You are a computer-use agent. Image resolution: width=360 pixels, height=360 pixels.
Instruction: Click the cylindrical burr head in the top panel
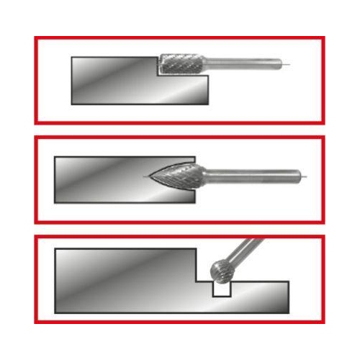pos(181,64)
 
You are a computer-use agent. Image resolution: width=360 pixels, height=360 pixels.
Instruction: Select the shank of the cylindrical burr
pos(242,64)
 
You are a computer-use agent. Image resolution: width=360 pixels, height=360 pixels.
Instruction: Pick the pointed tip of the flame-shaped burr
pos(148,175)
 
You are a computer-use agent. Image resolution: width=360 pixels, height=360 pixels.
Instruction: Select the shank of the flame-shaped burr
pos(252,174)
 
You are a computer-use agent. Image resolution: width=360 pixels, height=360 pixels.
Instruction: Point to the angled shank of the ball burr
pos(248,249)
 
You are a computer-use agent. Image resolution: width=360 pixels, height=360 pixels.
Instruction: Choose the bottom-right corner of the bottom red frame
pos(324,322)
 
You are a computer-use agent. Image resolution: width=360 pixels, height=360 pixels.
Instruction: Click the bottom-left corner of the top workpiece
pos(71,104)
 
